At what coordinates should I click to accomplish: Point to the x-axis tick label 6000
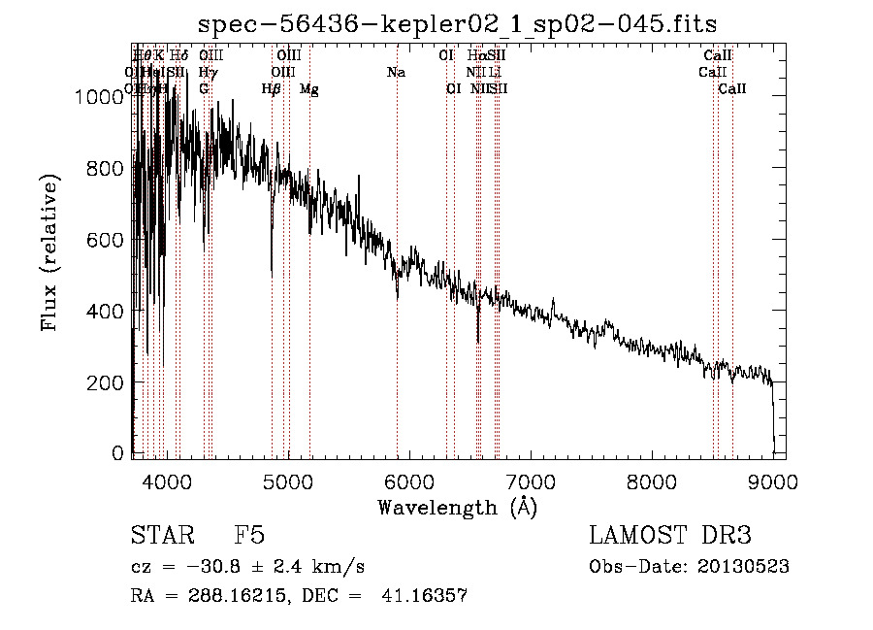pyautogui.click(x=409, y=481)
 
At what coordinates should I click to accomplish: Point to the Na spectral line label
pyautogui.click(x=396, y=72)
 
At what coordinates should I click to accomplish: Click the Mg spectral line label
pyautogui.click(x=308, y=89)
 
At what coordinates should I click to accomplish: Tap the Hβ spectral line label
pyautogui.click(x=272, y=89)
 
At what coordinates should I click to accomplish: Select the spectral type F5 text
pyautogui.click(x=249, y=536)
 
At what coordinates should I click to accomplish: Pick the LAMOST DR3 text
pyautogui.click(x=670, y=536)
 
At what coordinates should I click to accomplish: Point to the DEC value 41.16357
pyautogui.click(x=428, y=596)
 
